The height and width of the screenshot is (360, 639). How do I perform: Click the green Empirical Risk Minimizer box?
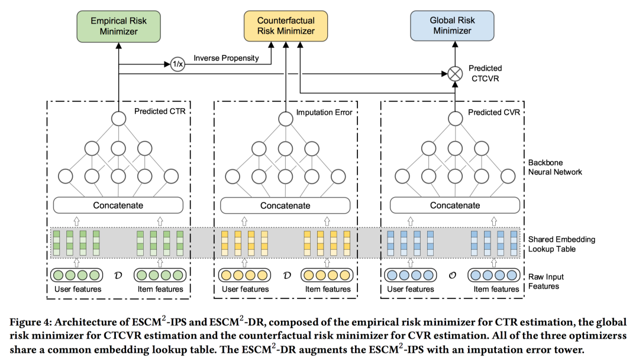[x=118, y=25]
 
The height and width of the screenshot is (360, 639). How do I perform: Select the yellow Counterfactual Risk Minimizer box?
[x=286, y=25]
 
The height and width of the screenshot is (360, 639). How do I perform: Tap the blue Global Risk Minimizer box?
[x=452, y=25]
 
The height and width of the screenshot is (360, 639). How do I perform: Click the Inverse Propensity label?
[x=226, y=58]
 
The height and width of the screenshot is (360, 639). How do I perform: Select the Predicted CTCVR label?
[x=485, y=74]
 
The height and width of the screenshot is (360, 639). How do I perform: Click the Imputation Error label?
[x=324, y=112]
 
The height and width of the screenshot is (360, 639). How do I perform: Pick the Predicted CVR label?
[x=494, y=112]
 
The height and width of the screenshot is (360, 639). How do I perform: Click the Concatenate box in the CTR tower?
[x=118, y=205]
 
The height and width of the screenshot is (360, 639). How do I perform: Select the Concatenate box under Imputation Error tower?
[x=285, y=205]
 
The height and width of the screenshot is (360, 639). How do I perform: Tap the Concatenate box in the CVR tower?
[x=454, y=205]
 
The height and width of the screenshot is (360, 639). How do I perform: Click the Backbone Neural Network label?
[x=556, y=167]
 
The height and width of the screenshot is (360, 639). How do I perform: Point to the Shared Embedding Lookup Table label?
[x=561, y=244]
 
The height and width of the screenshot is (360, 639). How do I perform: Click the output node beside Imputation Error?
[x=285, y=118]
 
